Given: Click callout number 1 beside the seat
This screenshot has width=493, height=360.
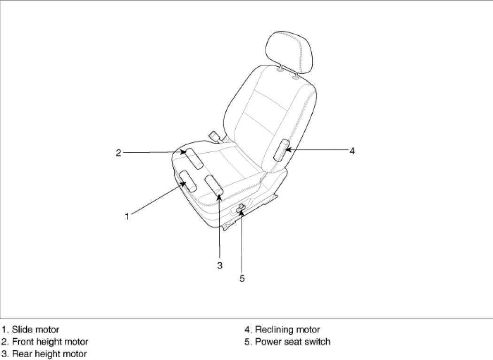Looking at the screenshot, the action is point(127,216).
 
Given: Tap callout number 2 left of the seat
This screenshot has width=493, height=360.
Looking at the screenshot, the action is point(119,152).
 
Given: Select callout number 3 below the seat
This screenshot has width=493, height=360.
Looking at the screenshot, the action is point(219,266).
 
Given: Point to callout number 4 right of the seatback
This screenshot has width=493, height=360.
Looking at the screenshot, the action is point(352,151).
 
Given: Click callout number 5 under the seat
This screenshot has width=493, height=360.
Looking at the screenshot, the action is point(242,278).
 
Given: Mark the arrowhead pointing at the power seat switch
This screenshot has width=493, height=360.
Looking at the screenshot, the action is point(241,212).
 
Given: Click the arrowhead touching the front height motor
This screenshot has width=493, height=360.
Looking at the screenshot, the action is point(184,152).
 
